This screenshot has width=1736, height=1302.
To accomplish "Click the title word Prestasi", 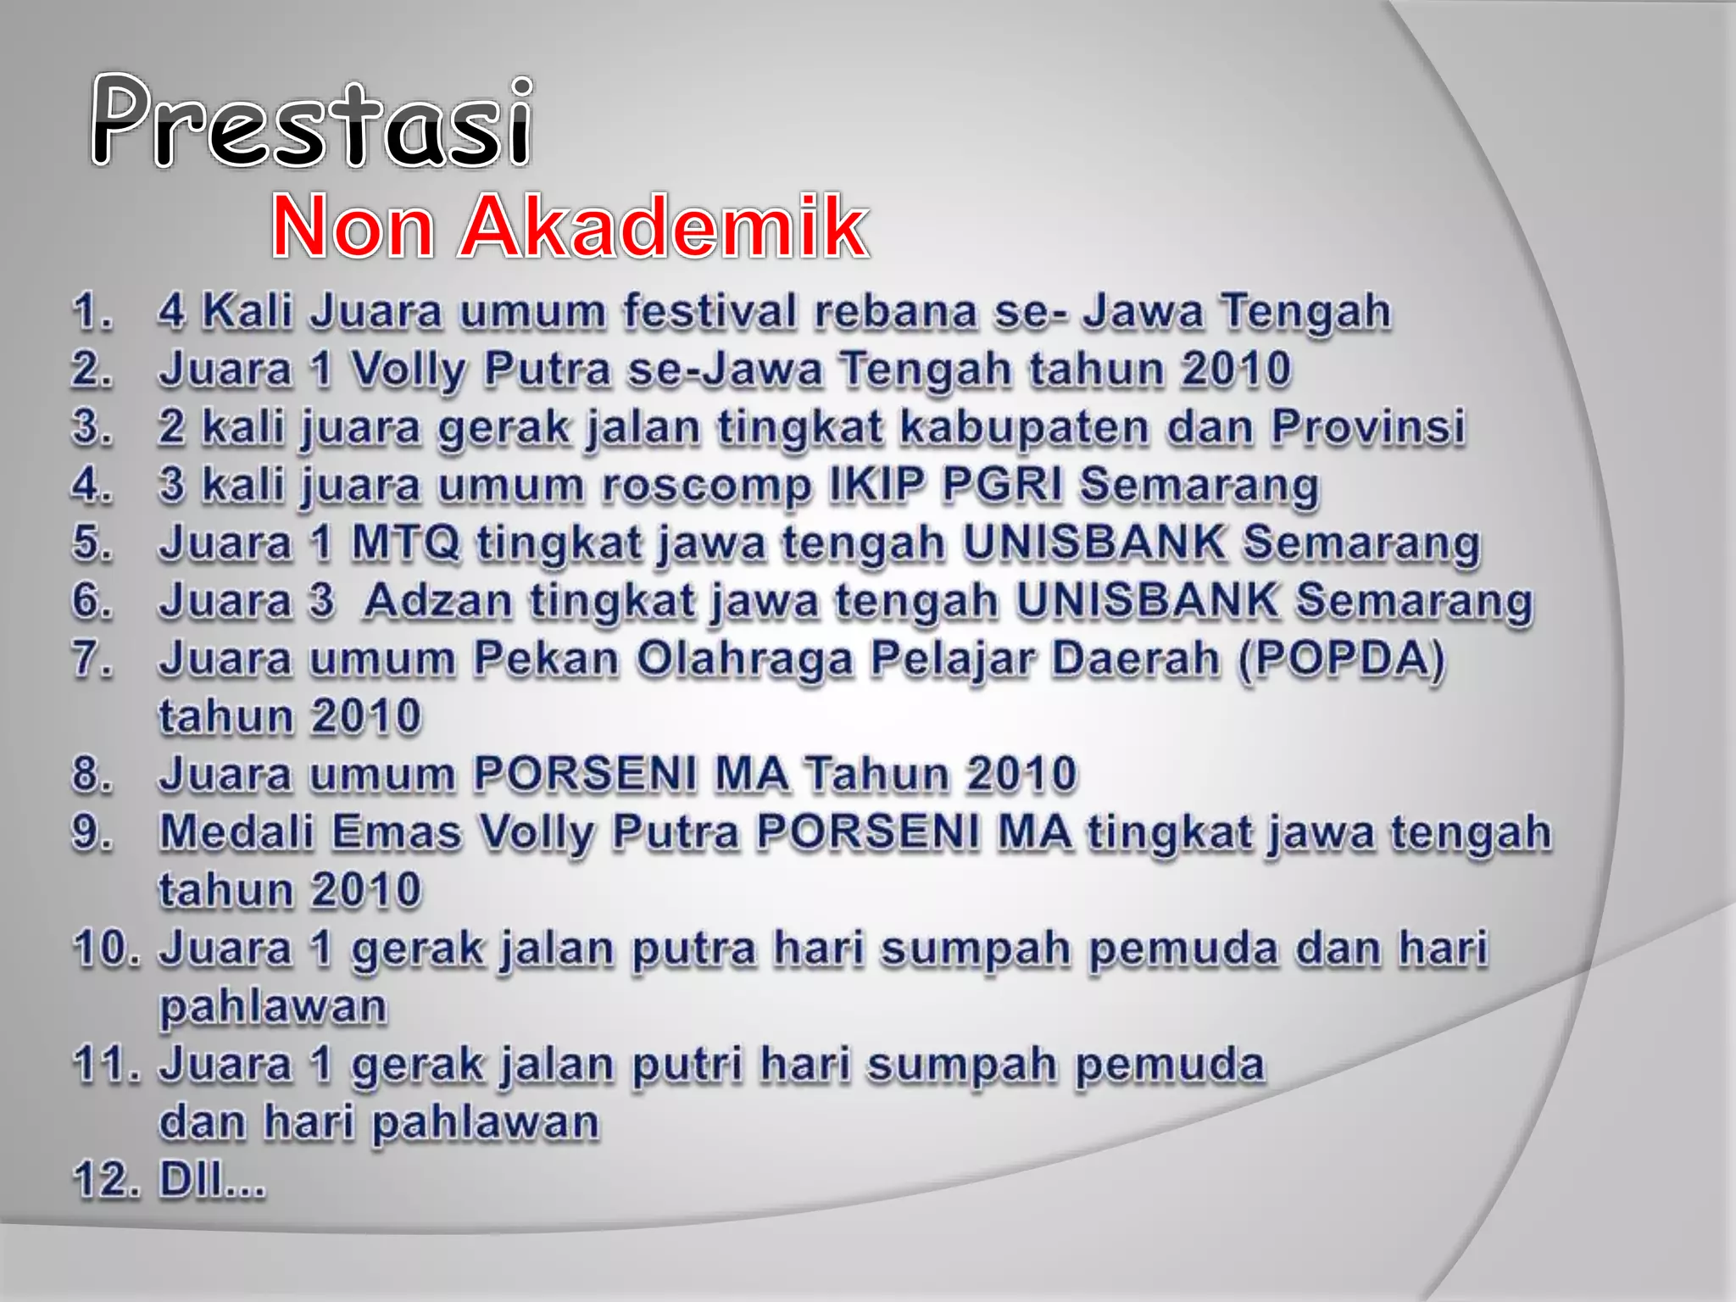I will [312, 120].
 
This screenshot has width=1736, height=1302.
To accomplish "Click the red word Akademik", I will [663, 226].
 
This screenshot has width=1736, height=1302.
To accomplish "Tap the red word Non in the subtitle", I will [354, 226].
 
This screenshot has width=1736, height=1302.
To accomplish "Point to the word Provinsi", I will [1367, 426].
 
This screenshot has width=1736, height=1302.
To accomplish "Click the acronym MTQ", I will [405, 542].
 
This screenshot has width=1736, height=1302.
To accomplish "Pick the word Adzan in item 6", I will [438, 601].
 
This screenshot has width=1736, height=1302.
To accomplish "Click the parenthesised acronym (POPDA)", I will [1341, 659].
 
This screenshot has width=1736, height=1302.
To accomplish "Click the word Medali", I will [236, 832].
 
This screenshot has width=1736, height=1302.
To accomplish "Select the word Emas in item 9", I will [397, 832].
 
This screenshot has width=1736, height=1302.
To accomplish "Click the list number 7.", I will [92, 659].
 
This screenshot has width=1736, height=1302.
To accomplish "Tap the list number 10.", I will [106, 948].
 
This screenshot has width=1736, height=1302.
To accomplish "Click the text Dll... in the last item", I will [212, 1179].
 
